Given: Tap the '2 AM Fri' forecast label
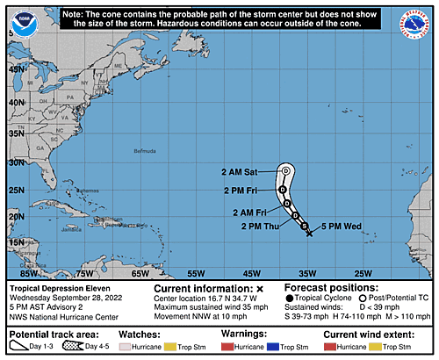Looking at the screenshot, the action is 252,212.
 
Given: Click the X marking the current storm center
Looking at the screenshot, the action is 309,232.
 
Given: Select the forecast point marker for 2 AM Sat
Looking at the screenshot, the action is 286,170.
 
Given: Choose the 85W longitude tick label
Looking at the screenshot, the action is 18,273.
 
